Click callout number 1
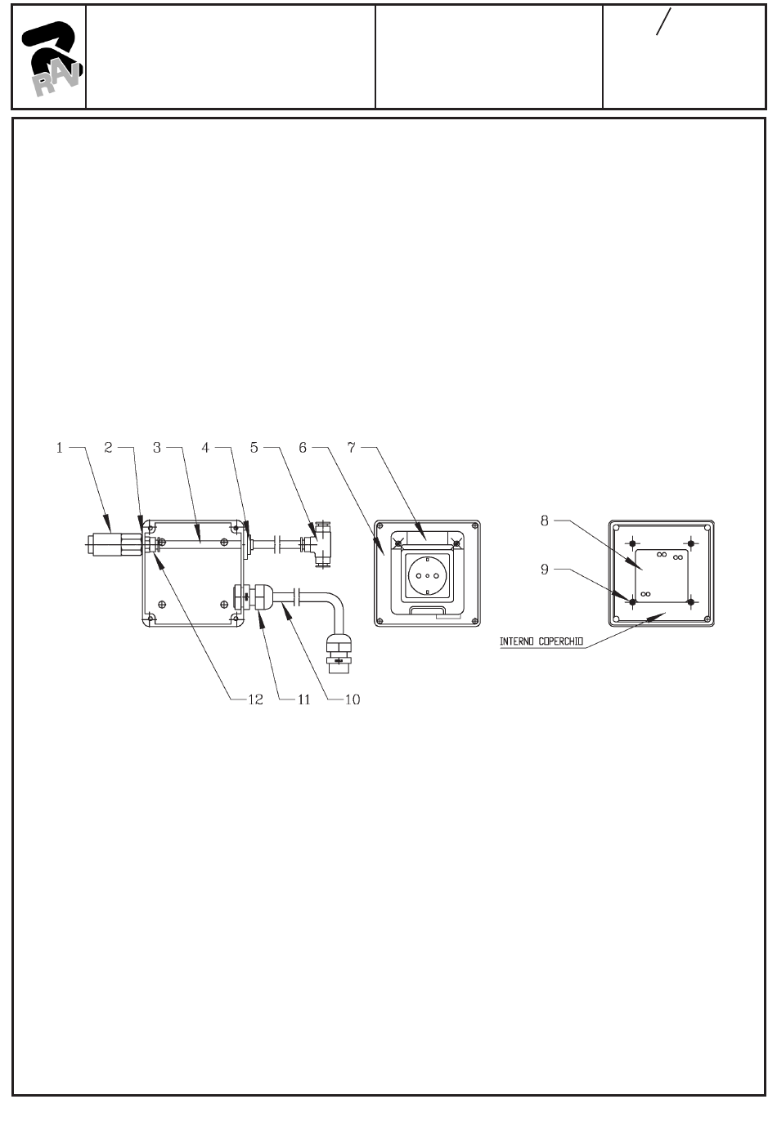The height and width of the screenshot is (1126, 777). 60,448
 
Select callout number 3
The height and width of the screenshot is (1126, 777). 158,448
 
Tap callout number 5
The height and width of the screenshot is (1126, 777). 254,448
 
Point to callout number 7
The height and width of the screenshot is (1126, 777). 352,448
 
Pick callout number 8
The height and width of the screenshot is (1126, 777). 545,520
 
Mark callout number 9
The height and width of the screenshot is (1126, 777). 545,570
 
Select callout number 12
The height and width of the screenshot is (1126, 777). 255,699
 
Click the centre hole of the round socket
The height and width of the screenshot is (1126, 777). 428,575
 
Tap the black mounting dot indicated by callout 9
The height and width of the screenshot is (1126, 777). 631,602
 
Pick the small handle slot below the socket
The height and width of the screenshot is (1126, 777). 427,610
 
